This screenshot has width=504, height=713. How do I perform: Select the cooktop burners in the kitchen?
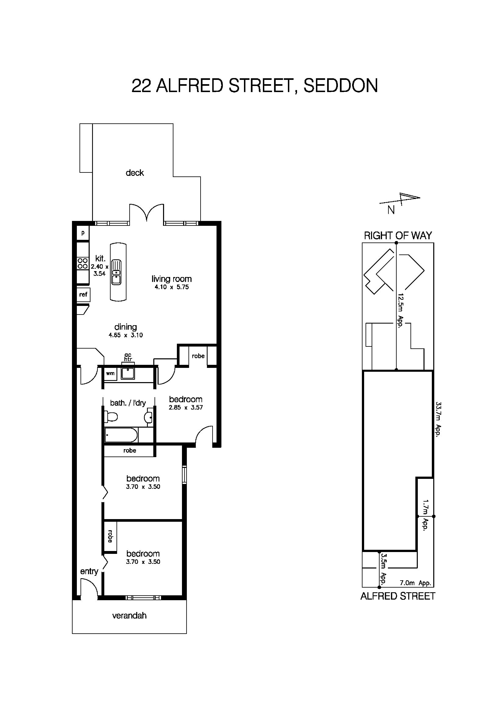(x=83, y=263)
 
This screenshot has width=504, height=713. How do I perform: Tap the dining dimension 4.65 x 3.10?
(x=125, y=335)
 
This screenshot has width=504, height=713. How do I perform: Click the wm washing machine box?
(x=110, y=374)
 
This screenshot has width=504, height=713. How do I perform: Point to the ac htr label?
(x=128, y=357)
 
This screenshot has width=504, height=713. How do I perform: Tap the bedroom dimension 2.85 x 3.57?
(x=185, y=408)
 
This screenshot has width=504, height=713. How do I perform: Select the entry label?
(x=89, y=571)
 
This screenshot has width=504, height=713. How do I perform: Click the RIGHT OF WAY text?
(x=398, y=236)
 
